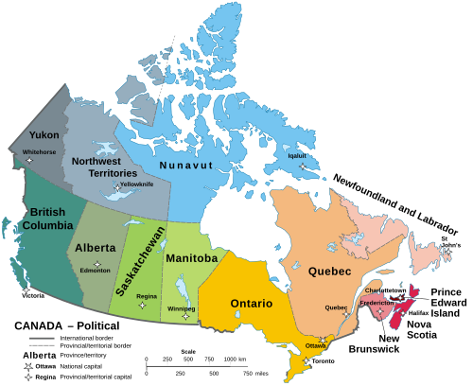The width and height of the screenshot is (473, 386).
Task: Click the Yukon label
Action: coord(44,135)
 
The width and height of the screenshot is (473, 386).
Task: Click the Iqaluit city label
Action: coord(297,155)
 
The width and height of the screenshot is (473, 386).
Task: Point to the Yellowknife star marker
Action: coord(116,187)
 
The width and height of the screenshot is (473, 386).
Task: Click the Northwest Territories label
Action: coord(105,167)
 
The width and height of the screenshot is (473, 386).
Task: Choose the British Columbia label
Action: coord(46,219)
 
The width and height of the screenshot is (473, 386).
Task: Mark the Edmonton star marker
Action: coord(96,263)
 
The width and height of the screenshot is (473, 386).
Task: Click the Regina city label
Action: coord(147,296)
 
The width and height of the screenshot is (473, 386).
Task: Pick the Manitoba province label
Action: coord(192,257)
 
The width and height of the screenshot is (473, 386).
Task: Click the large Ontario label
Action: coord(252,304)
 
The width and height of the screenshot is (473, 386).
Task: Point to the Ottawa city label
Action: coord(316,346)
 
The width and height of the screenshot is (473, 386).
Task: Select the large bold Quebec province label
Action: coord(329,272)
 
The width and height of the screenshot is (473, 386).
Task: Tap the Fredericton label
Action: coord(377,302)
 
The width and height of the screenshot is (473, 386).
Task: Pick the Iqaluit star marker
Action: coord(303,166)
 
